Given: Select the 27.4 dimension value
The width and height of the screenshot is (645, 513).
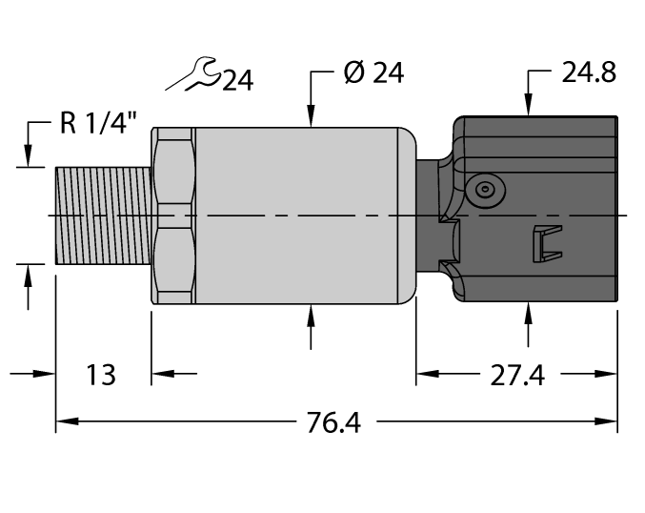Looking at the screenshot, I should tap(516, 376).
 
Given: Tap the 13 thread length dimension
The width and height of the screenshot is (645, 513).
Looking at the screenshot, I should tap(101, 375).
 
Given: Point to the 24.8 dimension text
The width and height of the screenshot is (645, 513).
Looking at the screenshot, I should tap(588, 73).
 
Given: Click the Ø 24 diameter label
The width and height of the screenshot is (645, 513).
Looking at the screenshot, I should tap(373, 73).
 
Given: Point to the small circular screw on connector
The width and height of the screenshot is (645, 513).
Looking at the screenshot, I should tap(487, 190).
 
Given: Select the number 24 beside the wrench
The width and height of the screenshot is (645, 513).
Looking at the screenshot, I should tap(236, 81).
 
